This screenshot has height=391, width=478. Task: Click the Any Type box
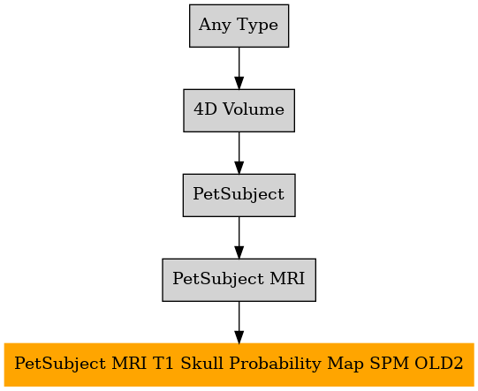pyautogui.click(x=239, y=26)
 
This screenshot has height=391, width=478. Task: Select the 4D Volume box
pyautogui.click(x=239, y=110)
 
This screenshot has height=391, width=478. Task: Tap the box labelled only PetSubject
pyautogui.click(x=239, y=195)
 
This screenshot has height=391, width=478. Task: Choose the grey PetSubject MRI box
pyautogui.click(x=239, y=280)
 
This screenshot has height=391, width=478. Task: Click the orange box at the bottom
pyautogui.click(x=239, y=365)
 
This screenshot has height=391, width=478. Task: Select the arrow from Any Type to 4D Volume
pyautogui.click(x=239, y=68)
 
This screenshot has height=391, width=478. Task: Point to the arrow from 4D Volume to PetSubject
pyautogui.click(x=239, y=153)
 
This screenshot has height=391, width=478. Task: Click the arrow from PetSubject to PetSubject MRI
pyautogui.click(x=239, y=237)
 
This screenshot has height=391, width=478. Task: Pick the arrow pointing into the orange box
pyautogui.click(x=239, y=322)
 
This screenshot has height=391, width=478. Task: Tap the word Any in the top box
pyautogui.click(x=215, y=26)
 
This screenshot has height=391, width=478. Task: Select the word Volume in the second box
pyautogui.click(x=254, y=109)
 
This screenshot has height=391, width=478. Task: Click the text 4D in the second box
pyautogui.click(x=205, y=109)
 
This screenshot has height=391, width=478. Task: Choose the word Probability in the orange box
pyautogui.click(x=276, y=364)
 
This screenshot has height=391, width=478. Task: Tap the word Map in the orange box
pyautogui.click(x=345, y=364)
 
